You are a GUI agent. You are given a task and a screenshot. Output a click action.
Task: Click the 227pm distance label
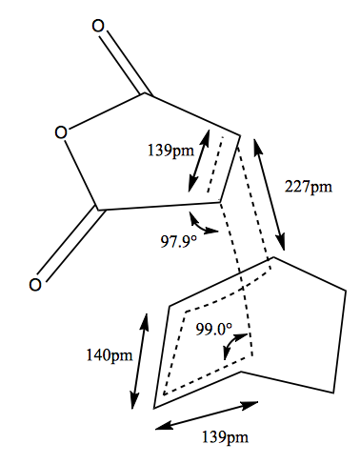coord(308,187)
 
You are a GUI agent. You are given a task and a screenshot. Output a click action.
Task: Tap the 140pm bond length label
coord(110,354)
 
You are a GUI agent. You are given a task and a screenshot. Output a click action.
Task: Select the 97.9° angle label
coord(178,242)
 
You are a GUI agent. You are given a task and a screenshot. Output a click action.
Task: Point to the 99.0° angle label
coord(213,329)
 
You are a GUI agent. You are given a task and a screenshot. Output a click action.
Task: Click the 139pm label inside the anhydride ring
coord(170,150)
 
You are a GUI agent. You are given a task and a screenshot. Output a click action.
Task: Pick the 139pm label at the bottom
coord(225,437)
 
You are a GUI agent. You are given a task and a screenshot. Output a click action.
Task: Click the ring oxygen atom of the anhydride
coord(61,132)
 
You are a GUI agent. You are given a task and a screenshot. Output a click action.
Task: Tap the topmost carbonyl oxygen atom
coord(98,26)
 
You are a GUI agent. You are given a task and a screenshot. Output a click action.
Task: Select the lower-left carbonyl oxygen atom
coord(35,285)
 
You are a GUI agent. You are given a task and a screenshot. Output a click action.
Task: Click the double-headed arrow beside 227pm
coord(269,194)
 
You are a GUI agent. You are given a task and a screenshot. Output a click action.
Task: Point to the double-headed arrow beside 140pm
coord(140,361)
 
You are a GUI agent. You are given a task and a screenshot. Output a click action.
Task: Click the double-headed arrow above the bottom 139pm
coord(207,415)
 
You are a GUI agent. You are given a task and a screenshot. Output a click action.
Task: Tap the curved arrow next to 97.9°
coord(200,226)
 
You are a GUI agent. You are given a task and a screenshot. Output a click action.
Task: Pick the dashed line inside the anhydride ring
coord(215,165)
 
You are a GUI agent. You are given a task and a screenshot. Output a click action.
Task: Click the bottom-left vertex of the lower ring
coord(154,408)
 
